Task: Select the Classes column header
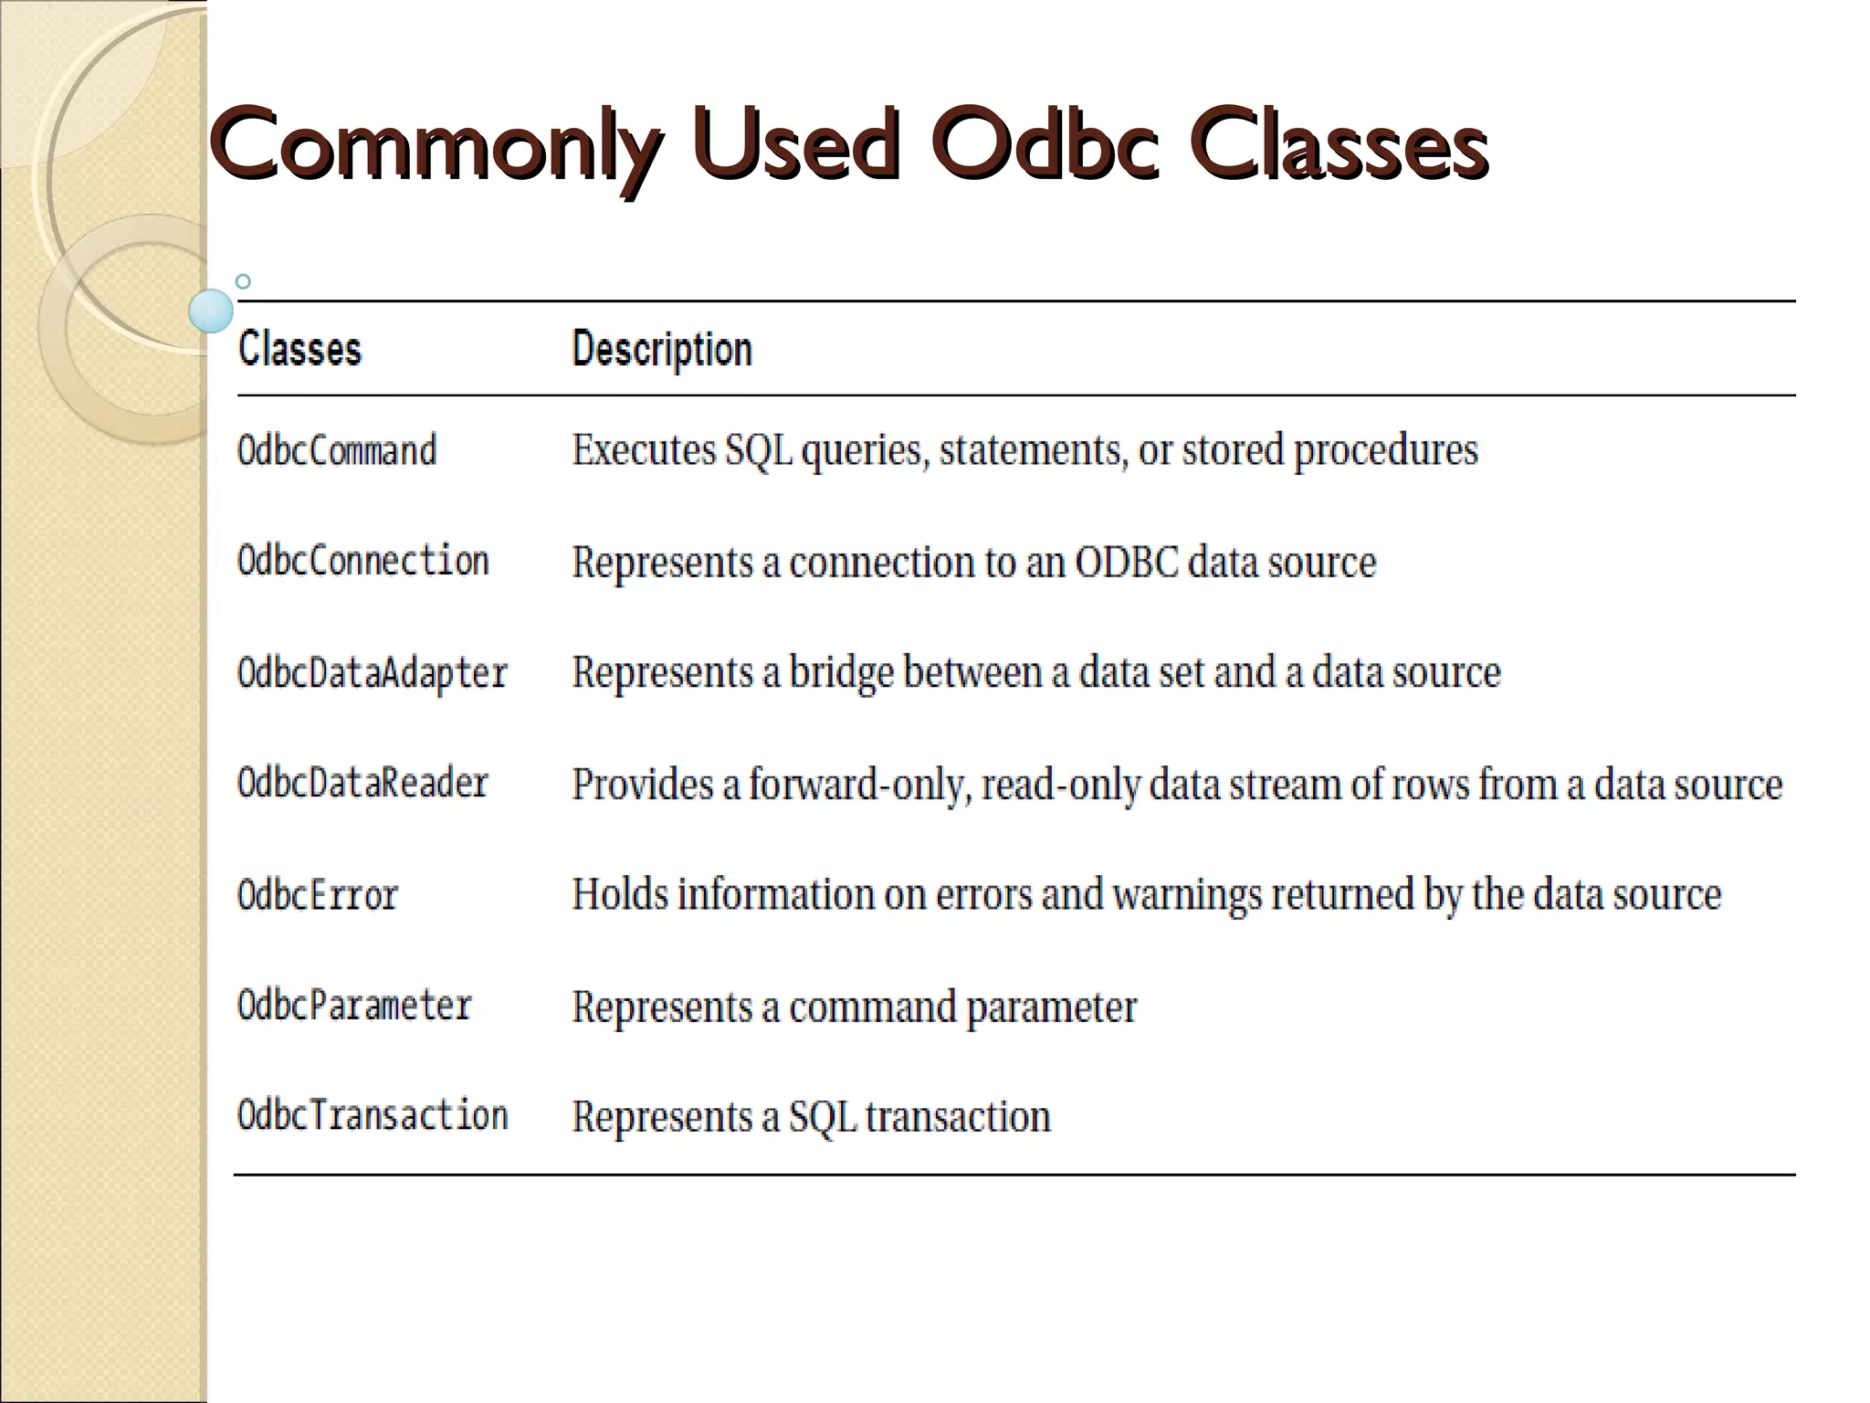click(x=299, y=349)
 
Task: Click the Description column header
click(x=662, y=349)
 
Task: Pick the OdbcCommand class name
click(x=337, y=450)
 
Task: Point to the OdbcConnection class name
click(x=363, y=561)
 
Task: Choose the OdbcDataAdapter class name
click(x=373, y=673)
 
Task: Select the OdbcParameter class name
click(x=354, y=1006)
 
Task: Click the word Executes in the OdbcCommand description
click(x=644, y=450)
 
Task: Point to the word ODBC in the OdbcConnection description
click(x=1127, y=562)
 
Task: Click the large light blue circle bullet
click(x=211, y=311)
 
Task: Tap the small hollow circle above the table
click(x=243, y=281)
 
